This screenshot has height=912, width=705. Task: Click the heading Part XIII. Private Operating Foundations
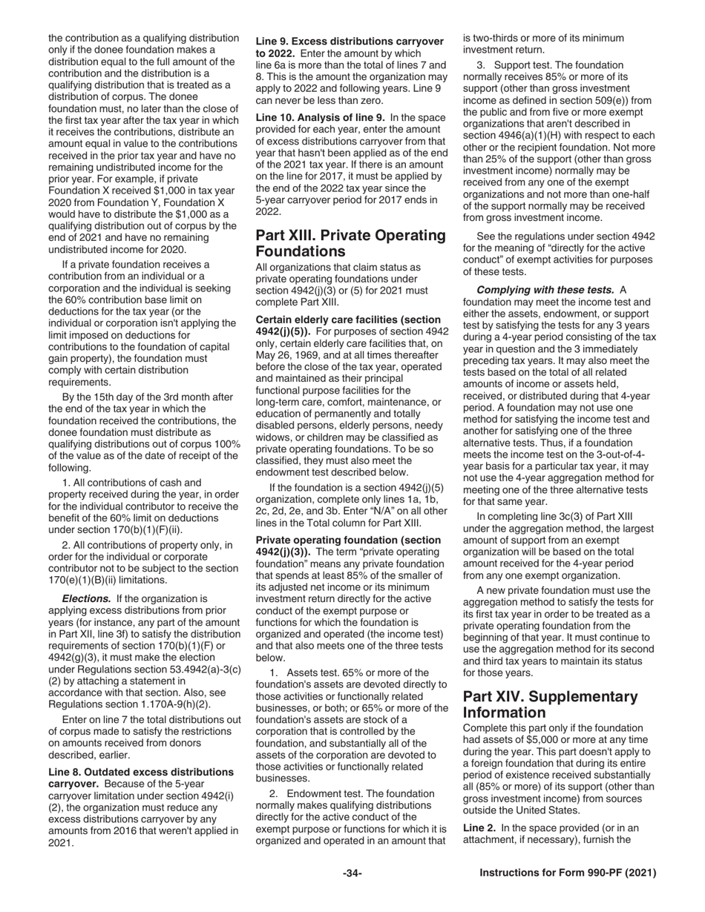(350, 243)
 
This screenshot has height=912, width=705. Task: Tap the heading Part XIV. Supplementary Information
(550, 704)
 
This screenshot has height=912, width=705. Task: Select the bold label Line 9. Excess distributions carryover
(349, 42)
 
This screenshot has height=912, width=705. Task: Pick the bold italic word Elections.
(87, 598)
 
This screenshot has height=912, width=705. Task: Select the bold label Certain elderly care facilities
(348, 320)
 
